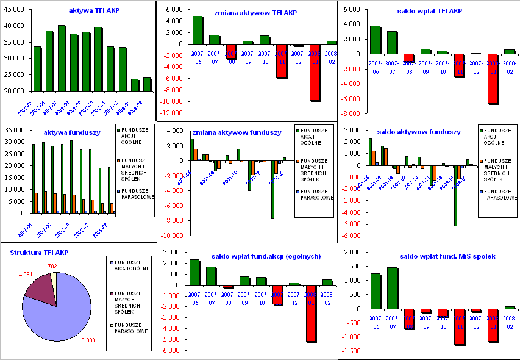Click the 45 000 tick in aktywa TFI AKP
pyautogui.click(x=16, y=10)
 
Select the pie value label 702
pyautogui.click(x=52, y=267)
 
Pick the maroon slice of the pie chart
pyautogui.click(x=38, y=291)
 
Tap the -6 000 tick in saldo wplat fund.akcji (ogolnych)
pyautogui.click(x=169, y=350)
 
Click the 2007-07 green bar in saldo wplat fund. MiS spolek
pyautogui.click(x=392, y=288)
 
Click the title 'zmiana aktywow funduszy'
pyautogui.click(x=237, y=132)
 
